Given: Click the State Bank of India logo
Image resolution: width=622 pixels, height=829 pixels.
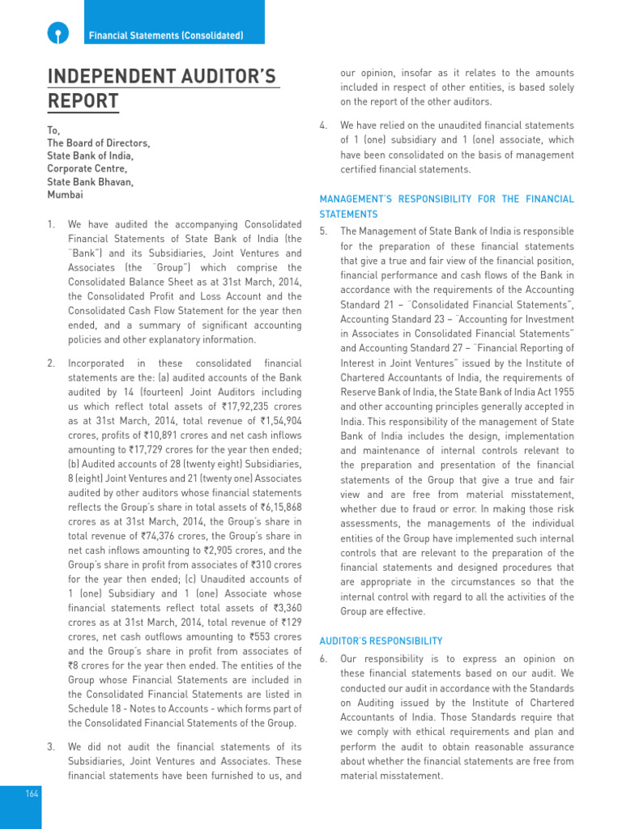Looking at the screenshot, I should tap(56, 33).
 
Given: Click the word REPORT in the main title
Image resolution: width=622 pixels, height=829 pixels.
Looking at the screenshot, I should tap(83, 102).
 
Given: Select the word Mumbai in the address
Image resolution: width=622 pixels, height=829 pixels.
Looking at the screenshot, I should tap(65, 195).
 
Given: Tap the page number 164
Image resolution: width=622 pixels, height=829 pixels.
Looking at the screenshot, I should tap(32, 794).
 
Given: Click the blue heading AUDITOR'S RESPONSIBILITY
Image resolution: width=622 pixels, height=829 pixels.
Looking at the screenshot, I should tap(381, 640).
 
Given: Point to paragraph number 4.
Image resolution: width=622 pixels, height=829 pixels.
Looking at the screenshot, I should tap(323, 125).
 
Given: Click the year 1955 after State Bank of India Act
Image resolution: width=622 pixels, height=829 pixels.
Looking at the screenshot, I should tap(560, 392).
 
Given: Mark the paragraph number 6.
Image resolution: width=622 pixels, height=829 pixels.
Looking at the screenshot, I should tap(323, 659).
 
